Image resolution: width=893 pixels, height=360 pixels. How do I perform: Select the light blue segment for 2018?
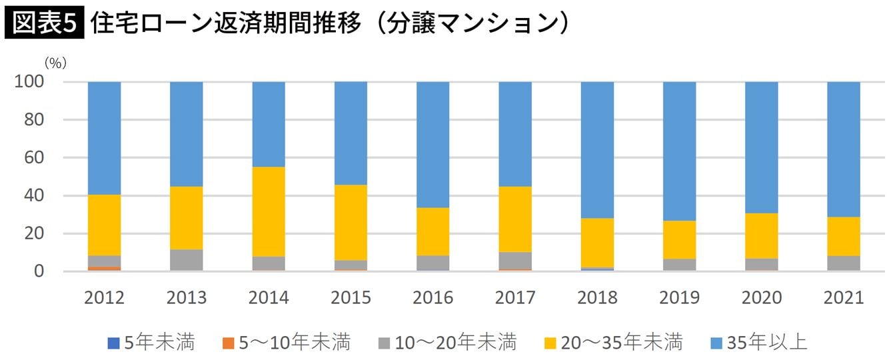coord(597,150)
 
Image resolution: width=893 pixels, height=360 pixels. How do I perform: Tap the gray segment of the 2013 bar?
coord(187,260)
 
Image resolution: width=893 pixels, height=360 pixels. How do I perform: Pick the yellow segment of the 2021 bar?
coord(843,236)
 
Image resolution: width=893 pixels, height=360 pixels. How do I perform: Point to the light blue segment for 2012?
coord(105,138)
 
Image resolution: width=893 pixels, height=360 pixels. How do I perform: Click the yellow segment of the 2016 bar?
coord(433,231)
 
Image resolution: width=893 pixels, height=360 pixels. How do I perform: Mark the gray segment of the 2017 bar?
coord(515,261)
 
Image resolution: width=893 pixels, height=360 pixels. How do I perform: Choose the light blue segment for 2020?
coord(761,147)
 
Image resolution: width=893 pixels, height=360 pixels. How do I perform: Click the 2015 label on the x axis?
coord(351,297)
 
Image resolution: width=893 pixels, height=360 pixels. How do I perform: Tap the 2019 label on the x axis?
coord(679,297)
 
